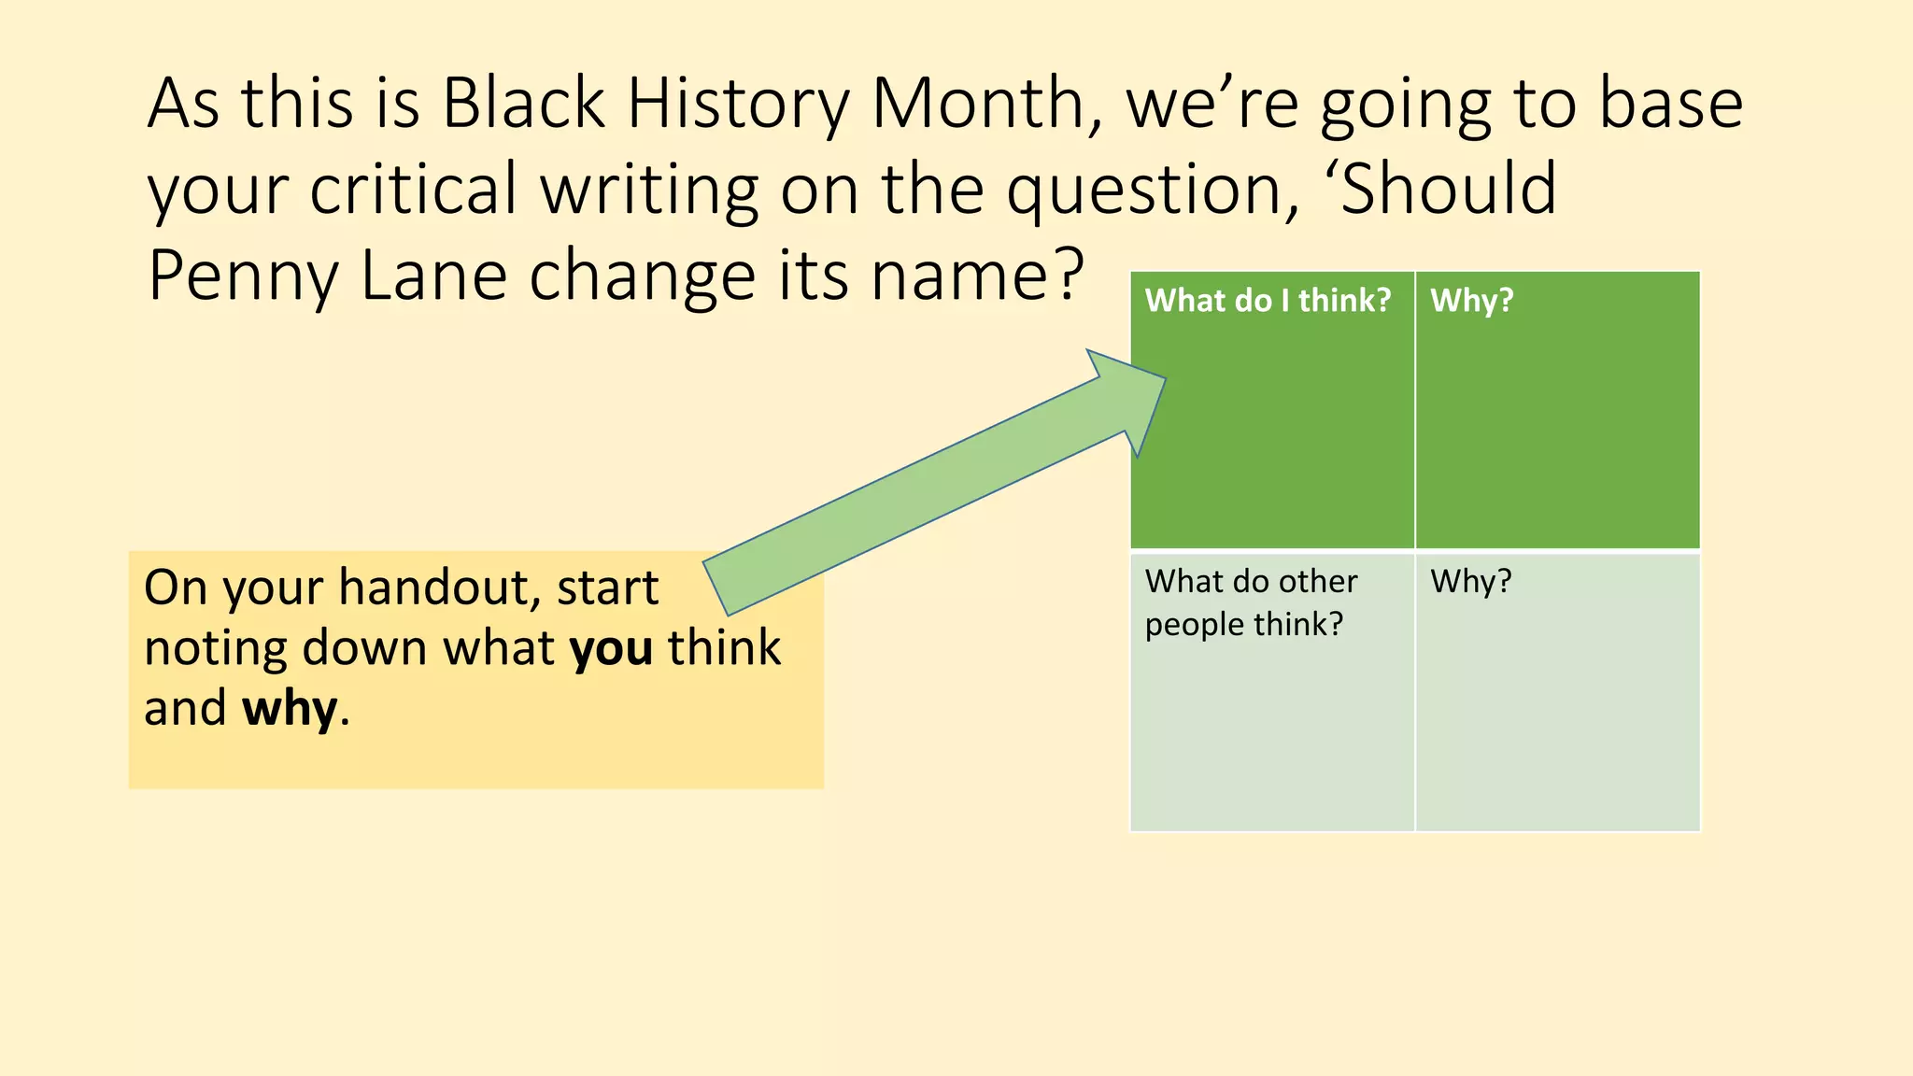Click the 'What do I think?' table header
pos(1268,301)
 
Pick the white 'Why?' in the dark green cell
pos(1471,301)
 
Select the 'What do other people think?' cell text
pos(1250,602)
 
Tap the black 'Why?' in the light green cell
pos(1470,582)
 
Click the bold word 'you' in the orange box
pos(612,648)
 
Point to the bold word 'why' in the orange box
pos(290,709)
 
